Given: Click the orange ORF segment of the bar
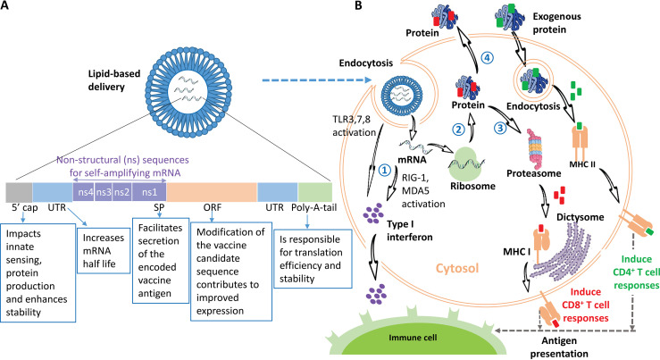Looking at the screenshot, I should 212,192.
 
